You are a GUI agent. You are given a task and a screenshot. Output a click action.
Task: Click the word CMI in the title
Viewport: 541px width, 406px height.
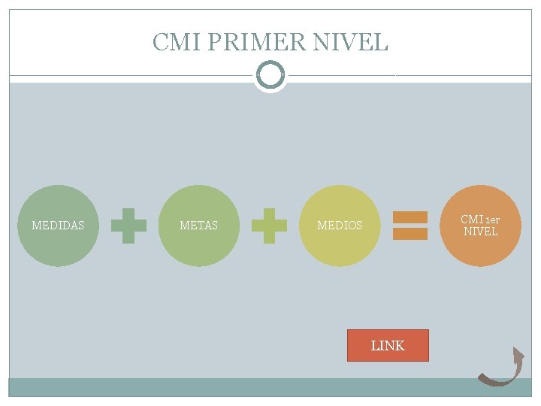[175, 41]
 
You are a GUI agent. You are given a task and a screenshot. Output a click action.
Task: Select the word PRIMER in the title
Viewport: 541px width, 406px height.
[255, 41]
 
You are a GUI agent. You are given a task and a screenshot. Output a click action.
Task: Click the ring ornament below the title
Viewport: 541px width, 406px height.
[270, 75]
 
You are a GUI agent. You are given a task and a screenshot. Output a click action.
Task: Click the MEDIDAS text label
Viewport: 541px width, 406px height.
[58, 225]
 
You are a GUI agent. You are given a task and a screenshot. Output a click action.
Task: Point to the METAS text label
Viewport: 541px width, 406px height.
[199, 225]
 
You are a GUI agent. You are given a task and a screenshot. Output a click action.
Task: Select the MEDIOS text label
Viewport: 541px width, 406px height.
[340, 225]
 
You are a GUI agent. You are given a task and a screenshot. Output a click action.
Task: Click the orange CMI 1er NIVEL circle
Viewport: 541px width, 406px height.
[481, 244]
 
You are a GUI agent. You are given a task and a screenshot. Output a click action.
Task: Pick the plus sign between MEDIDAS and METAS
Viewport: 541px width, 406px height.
[128, 226]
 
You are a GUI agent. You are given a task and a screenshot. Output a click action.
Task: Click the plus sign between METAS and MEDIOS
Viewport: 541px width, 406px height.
[269, 226]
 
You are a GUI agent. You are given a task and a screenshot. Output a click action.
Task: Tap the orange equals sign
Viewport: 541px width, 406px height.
[410, 226]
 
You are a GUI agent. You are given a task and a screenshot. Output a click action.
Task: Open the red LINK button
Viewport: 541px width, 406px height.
[388, 346]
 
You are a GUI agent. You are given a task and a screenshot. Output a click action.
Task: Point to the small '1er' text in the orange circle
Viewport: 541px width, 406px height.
[491, 220]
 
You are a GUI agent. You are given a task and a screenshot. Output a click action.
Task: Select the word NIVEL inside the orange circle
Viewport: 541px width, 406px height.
[480, 232]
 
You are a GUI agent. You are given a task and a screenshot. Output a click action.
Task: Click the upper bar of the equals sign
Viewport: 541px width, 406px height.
[410, 218]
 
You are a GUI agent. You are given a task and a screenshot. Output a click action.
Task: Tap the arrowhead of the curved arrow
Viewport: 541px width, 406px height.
[518, 355]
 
